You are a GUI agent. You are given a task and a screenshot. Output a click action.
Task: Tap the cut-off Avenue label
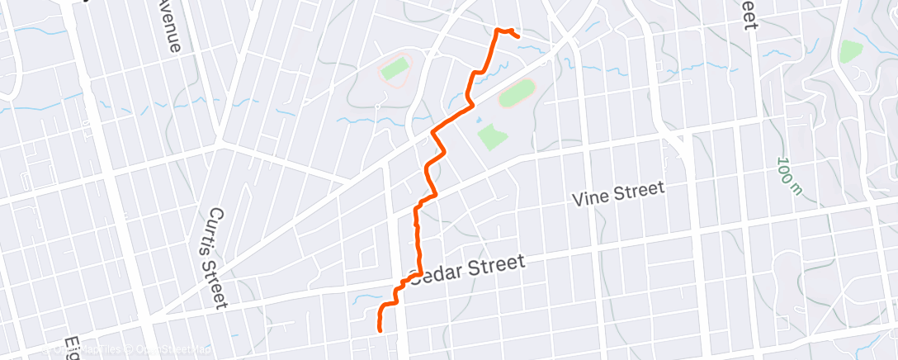tap(170, 25)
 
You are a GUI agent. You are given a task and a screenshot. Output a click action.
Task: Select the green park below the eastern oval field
tap(490, 136)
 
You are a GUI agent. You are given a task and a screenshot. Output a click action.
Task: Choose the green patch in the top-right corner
tap(850, 50)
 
